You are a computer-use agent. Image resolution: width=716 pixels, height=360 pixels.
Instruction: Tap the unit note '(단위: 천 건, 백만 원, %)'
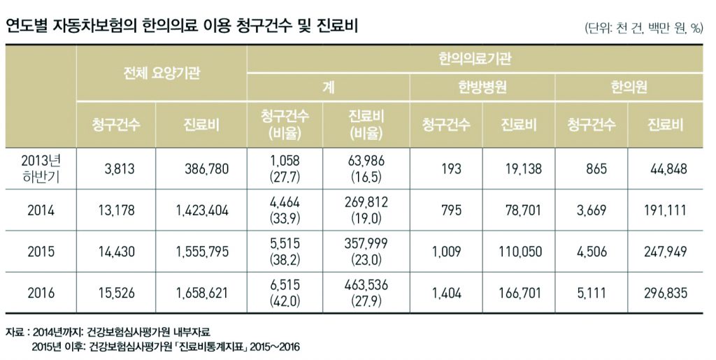click(643, 28)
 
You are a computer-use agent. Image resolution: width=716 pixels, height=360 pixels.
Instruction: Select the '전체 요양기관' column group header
click(162, 73)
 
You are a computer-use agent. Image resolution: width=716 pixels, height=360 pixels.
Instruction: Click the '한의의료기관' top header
click(475, 59)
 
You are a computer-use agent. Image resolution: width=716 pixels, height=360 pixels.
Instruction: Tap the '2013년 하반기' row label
click(41, 168)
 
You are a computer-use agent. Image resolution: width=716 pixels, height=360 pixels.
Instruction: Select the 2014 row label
click(41, 209)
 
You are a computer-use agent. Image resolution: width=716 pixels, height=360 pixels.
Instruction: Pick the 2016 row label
click(41, 294)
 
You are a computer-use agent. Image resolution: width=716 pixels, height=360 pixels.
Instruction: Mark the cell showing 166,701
click(518, 294)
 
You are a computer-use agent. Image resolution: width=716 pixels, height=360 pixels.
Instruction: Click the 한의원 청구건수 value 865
click(592, 168)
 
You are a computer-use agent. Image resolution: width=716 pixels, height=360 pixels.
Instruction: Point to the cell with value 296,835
click(664, 294)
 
